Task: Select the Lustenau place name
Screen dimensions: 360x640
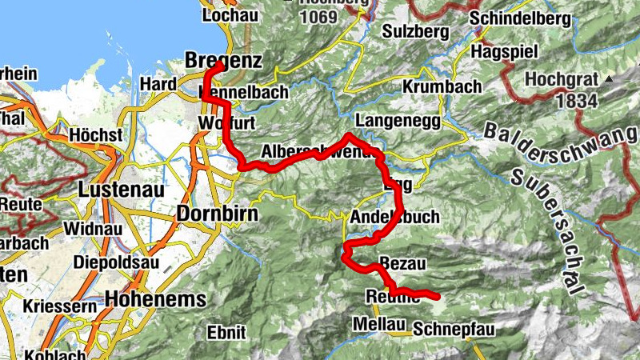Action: coord(121,190)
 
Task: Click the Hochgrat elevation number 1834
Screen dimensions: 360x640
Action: coord(553,99)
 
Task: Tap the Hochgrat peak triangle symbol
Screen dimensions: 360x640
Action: coord(608,80)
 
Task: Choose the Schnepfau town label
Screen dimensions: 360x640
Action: coord(454,329)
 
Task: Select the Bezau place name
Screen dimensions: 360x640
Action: coord(404,263)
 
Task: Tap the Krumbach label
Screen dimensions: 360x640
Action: coord(442,86)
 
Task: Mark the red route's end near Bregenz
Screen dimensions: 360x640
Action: coord(218,63)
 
